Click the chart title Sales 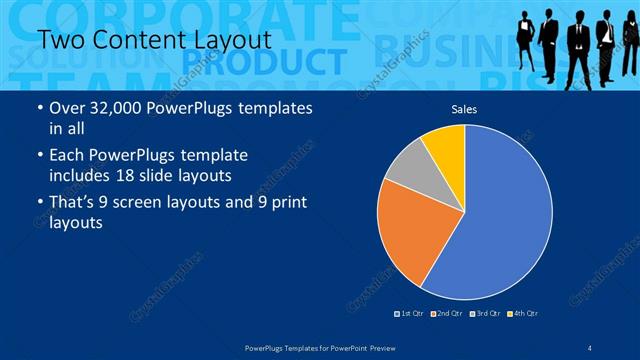coord(464,108)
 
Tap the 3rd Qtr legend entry coord(487,314)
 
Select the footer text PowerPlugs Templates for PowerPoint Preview coord(320,347)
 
